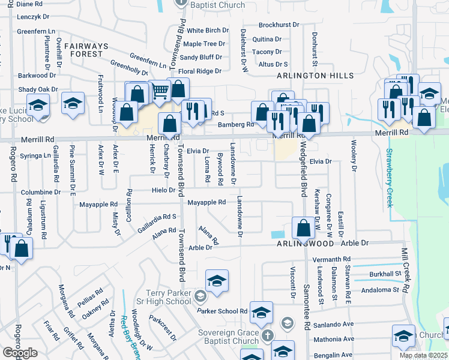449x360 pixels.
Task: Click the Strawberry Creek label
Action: pyautogui.click(x=390, y=178)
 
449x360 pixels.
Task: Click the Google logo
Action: pyautogui.click(x=20, y=352)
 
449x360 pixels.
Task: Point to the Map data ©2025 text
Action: pyautogui.click(x=424, y=355)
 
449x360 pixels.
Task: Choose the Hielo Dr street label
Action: pyautogui.click(x=163, y=190)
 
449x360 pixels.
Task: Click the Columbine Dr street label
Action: pyautogui.click(x=43, y=192)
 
